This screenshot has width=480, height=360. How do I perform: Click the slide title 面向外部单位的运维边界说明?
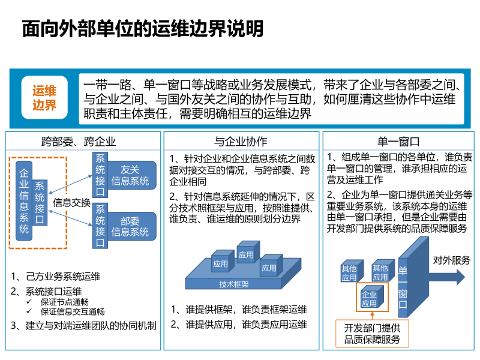[x=142, y=29]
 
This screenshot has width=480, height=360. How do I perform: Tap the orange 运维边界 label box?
[x=44, y=98]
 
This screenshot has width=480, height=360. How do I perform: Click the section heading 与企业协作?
[x=241, y=142]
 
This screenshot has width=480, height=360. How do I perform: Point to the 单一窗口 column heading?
[x=398, y=142]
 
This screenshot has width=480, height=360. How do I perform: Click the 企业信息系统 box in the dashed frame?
[x=24, y=201]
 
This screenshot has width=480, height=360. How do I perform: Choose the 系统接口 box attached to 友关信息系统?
[x=100, y=175]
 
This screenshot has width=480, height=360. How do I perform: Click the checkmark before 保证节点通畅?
[x=29, y=302]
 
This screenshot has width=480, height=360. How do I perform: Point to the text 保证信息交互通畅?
[x=73, y=311]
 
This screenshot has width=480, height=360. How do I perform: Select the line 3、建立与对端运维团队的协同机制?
[x=83, y=326]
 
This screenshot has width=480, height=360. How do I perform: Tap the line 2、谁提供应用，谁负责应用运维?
[x=239, y=325]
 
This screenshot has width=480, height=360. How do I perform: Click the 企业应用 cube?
[x=370, y=299]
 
